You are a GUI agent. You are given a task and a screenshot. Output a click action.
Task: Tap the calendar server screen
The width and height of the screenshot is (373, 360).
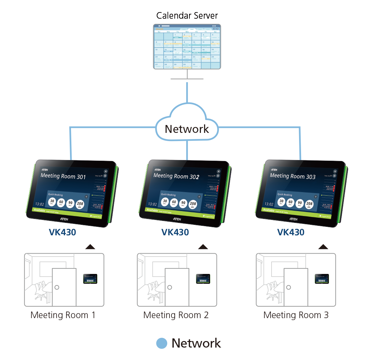coord(187,46)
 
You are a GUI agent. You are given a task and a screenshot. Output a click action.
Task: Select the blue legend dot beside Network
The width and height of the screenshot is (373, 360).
coord(162,343)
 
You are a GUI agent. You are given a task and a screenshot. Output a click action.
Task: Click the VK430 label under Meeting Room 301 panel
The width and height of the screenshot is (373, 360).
coord(62,232)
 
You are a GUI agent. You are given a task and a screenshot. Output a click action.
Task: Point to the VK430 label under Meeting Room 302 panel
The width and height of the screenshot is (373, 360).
coord(175,232)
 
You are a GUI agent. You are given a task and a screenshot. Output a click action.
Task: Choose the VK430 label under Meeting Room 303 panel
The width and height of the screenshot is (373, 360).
coord(291,232)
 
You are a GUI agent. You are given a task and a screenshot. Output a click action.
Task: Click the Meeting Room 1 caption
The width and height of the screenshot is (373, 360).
coord(63,315)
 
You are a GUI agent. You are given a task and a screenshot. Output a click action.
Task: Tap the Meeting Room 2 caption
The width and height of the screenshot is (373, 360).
coord(176,315)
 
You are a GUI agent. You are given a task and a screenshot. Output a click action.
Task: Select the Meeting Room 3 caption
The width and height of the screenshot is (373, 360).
coord(296,315)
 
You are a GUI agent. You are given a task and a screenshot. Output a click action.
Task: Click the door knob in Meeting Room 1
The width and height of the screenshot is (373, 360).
coord(57,287)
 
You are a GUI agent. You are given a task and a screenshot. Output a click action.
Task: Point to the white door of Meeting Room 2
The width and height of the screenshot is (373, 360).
coord(177,287)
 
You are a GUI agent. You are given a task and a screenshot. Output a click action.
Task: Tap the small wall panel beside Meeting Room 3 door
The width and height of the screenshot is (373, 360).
coord(322,279)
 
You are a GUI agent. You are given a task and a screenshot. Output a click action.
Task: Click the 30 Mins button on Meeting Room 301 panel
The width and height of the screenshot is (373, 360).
coord(52,202)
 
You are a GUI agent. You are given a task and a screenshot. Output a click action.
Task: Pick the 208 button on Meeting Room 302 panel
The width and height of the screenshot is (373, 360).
coord(193,205)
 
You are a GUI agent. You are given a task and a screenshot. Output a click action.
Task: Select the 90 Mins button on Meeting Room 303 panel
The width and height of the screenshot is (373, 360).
coord(300,204)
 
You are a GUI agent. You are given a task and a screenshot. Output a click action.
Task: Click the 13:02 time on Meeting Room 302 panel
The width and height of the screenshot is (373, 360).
coord(152,204)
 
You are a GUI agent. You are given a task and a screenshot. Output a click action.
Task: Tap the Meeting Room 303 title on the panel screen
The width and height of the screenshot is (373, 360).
coord(293,176)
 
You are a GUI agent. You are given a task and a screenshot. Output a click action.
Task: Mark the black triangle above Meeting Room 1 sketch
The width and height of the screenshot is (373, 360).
coord(90,247)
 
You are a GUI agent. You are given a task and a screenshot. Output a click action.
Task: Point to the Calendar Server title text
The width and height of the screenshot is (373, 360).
coord(187,15)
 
